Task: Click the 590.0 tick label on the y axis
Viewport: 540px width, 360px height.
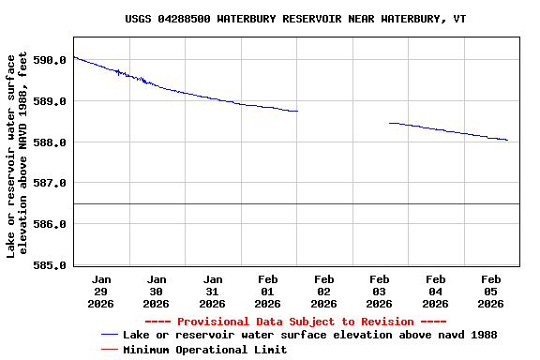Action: click(50, 60)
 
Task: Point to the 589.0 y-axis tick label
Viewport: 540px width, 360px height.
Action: click(50, 101)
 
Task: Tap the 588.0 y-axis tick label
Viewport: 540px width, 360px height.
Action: click(50, 142)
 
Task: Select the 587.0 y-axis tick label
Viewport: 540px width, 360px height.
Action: click(50, 184)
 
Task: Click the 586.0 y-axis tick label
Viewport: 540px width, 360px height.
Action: click(50, 225)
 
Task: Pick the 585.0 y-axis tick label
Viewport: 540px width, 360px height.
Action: click(50, 266)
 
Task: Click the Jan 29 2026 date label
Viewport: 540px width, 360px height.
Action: click(101, 292)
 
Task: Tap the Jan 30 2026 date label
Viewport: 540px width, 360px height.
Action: click(157, 292)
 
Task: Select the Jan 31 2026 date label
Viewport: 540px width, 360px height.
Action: click(213, 292)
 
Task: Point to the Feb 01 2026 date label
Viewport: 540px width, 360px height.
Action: click(268, 292)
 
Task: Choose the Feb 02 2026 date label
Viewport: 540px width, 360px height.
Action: click(323, 292)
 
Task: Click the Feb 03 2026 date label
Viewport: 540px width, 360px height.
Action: click(380, 292)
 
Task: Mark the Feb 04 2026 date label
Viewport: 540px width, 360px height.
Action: click(435, 292)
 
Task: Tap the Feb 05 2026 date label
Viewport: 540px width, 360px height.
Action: click(490, 292)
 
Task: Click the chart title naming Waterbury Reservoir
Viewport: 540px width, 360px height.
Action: click(295, 19)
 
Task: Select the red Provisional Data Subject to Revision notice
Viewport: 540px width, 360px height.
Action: click(295, 322)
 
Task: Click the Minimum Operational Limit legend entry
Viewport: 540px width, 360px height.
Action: click(204, 350)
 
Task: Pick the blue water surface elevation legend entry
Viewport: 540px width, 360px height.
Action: click(309, 335)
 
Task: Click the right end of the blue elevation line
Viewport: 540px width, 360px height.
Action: click(507, 140)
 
